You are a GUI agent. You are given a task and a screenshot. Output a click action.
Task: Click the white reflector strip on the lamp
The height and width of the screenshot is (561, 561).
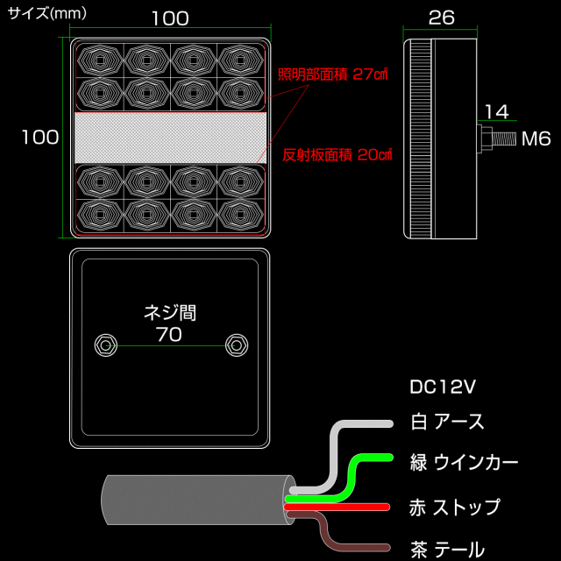(170, 137)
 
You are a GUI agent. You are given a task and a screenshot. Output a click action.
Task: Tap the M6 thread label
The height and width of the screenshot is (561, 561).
(536, 138)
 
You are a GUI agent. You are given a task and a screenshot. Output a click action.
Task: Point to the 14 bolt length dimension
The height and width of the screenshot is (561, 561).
(495, 111)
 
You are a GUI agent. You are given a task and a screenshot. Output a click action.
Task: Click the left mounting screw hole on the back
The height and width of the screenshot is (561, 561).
(105, 344)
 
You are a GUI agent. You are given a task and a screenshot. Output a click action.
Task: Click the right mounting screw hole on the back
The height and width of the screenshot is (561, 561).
(234, 344)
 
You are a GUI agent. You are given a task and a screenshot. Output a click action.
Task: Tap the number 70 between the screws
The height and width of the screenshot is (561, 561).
(169, 334)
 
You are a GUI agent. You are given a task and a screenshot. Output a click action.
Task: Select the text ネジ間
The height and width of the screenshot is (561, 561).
(170, 312)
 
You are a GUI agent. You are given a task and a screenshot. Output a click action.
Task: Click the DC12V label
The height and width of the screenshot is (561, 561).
(444, 387)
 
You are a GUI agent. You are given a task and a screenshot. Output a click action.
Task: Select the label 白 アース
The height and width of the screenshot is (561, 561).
(447, 422)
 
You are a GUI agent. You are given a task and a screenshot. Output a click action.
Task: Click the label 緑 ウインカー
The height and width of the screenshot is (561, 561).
(464, 462)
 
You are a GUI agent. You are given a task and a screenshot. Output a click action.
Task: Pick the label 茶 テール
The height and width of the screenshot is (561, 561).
(447, 550)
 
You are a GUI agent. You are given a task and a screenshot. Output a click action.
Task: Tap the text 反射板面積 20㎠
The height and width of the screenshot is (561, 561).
(337, 155)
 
